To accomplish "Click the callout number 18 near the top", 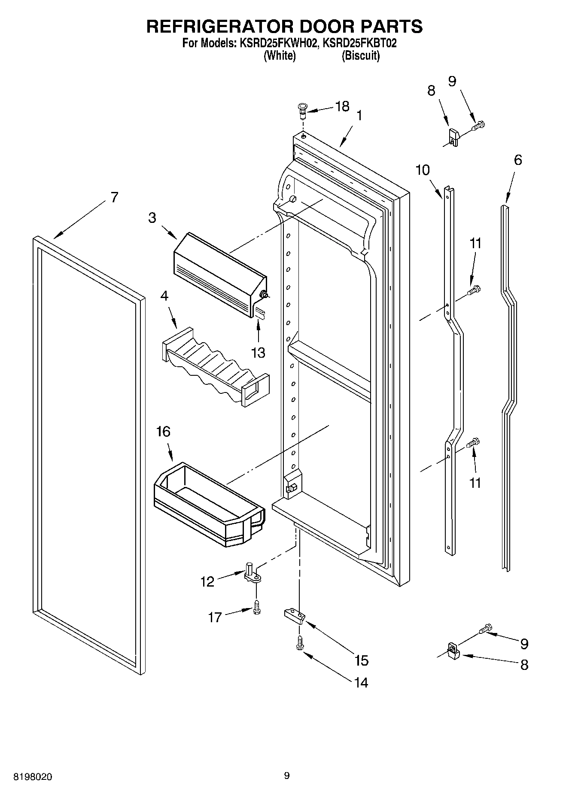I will click(x=342, y=106).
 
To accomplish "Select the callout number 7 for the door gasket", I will click(x=114, y=197).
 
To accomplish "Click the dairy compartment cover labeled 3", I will click(x=219, y=275).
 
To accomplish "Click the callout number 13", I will click(x=258, y=353).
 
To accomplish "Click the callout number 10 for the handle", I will click(x=423, y=170).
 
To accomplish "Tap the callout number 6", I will click(x=518, y=160).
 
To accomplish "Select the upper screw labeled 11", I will click(x=475, y=291).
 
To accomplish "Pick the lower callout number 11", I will click(x=475, y=483).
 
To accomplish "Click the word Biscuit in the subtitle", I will click(x=361, y=56).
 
